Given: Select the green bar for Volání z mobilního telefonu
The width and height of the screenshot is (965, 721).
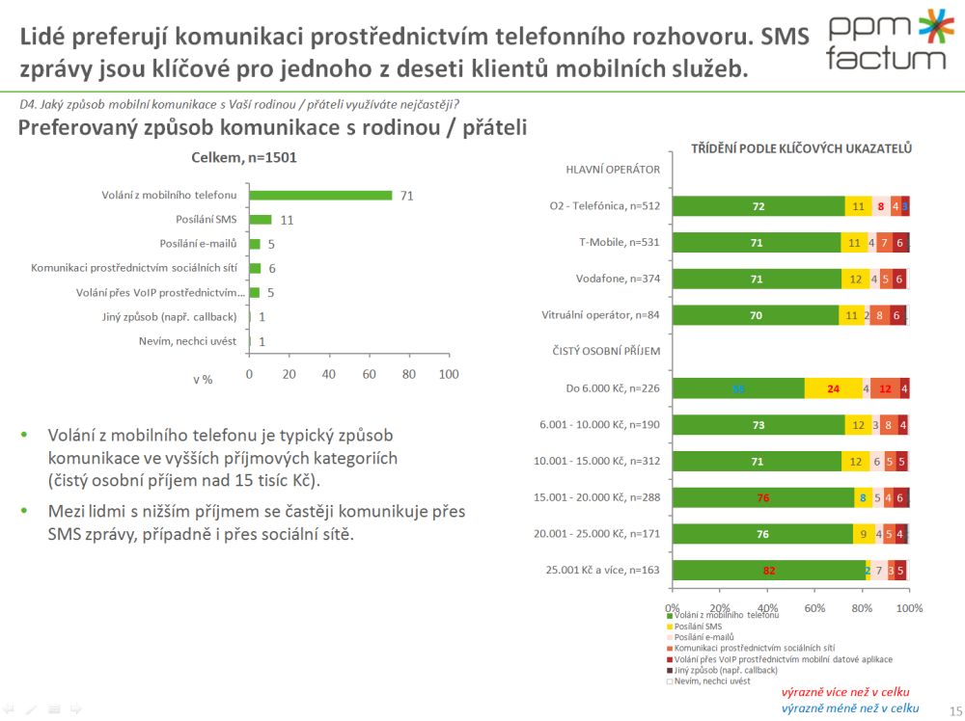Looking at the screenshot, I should (320, 196).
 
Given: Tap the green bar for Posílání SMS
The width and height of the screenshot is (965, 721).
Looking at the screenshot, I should (260, 220).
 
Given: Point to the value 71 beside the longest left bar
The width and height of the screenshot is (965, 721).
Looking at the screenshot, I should (406, 196).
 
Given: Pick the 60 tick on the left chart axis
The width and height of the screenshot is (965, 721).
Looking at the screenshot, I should (369, 373).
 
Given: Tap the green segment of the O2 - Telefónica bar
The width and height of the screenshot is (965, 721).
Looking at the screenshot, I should (758, 206).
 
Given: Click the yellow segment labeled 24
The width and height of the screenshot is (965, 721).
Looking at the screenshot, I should (833, 388).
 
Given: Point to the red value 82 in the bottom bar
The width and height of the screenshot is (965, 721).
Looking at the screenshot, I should (769, 570).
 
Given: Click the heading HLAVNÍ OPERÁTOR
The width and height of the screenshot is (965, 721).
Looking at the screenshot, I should (612, 169).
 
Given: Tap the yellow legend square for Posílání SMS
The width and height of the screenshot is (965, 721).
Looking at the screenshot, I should (671, 627).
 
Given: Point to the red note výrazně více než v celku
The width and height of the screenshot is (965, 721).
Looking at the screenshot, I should (845, 692).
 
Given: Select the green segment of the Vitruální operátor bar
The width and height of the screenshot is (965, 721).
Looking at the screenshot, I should (756, 315).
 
